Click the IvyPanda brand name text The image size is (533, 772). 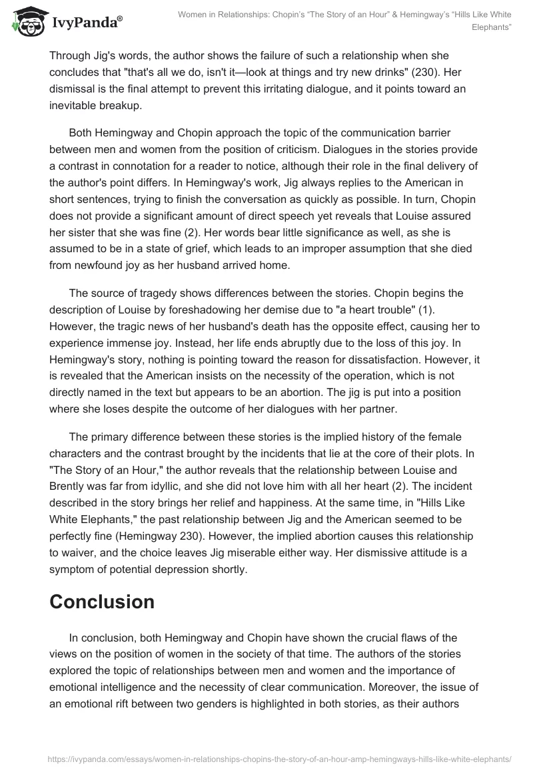[85, 23]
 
